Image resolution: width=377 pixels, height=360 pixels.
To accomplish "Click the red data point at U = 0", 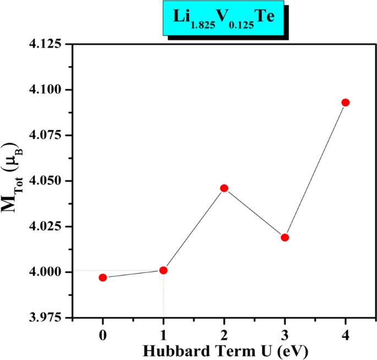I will pyautogui.click(x=103, y=277).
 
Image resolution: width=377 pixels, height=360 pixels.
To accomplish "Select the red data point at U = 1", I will pyautogui.click(x=163, y=270).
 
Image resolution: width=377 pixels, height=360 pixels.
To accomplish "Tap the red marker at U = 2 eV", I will pyautogui.click(x=224, y=188).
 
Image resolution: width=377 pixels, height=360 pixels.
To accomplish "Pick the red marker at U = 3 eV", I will pyautogui.click(x=285, y=237).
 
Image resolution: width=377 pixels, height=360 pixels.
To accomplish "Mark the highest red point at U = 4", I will pyautogui.click(x=346, y=102).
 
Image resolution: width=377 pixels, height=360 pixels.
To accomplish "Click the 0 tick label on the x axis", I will pyautogui.click(x=103, y=335).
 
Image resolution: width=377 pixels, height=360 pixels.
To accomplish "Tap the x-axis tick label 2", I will pyautogui.click(x=224, y=335).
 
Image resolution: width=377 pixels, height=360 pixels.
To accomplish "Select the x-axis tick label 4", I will pyautogui.click(x=346, y=335).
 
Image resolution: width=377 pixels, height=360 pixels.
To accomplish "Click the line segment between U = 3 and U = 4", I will pyautogui.click(x=315, y=170).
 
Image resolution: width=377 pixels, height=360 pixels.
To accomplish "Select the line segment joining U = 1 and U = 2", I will pyautogui.click(x=194, y=230).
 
